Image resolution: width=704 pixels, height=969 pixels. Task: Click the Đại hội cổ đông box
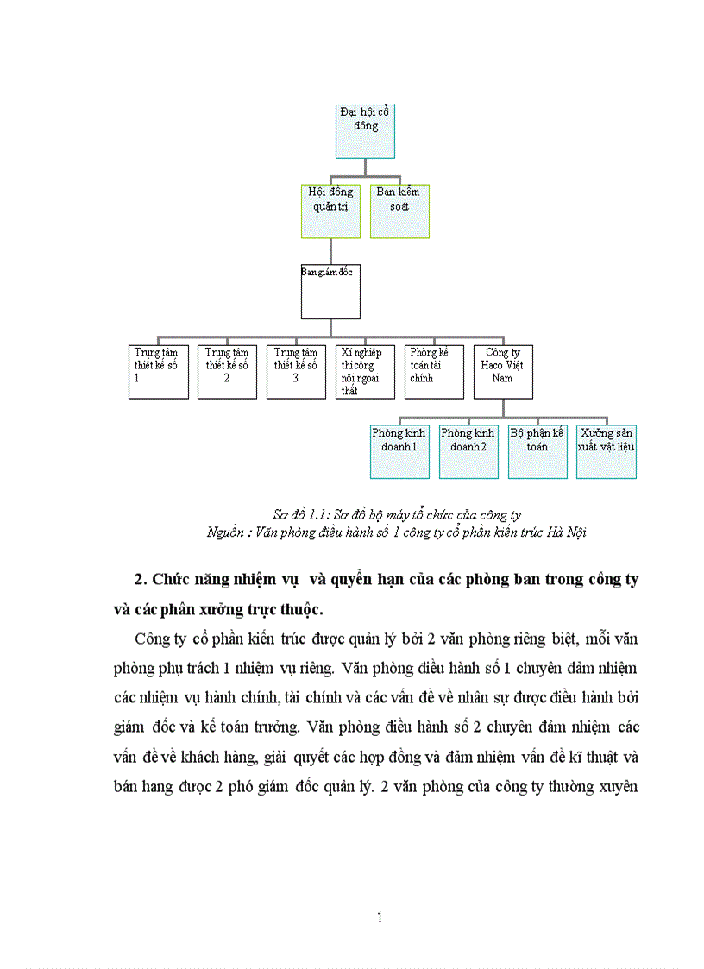point(365,131)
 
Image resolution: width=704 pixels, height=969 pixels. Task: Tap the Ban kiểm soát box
point(399,211)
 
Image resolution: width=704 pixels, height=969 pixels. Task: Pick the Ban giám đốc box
point(330,292)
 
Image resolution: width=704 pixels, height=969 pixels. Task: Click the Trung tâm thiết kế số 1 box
point(159,372)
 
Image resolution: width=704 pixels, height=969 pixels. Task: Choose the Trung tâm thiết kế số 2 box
point(227,372)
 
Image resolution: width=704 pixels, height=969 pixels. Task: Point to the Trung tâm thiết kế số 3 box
point(296,372)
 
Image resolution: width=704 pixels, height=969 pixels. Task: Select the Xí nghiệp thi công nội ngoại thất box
point(365,372)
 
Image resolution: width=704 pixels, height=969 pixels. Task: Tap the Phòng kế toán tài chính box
point(434,372)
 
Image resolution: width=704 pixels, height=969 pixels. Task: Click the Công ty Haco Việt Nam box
point(503,372)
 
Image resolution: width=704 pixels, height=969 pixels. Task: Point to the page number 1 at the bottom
point(380,917)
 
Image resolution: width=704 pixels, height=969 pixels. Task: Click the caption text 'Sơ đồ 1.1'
point(295,515)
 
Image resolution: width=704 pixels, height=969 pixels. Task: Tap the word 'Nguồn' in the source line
point(226,532)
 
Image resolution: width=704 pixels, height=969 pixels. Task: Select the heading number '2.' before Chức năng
point(142,579)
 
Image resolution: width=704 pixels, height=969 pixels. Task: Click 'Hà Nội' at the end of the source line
point(566,532)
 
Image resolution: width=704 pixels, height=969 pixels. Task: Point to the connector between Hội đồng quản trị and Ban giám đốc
point(330,251)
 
